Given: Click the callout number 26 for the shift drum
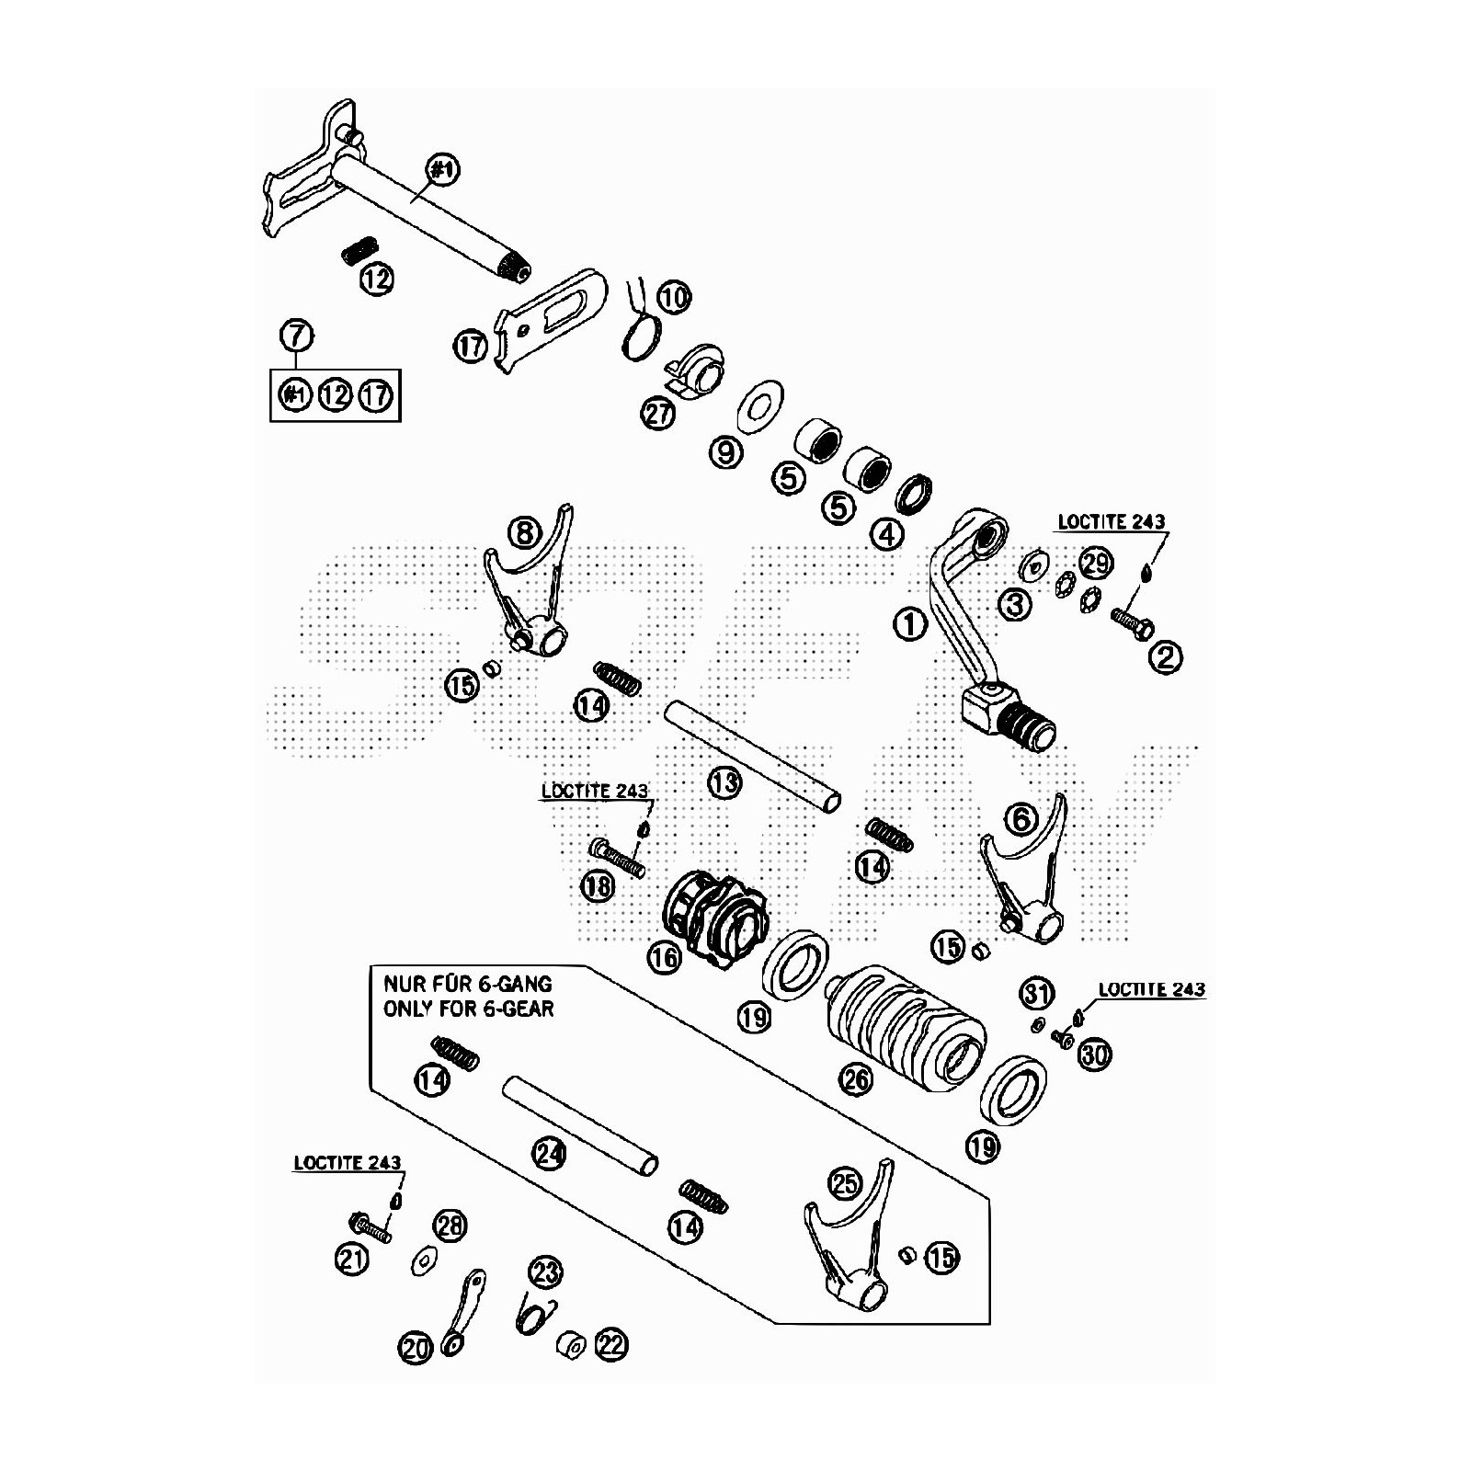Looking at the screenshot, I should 857,1078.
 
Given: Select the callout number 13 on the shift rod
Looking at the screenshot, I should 724,782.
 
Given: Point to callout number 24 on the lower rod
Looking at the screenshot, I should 549,1153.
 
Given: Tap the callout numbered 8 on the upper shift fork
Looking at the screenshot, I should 525,531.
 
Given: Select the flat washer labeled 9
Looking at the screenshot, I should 759,401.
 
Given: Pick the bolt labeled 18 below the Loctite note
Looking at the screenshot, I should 617,857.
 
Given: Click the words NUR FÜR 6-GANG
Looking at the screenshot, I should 467,984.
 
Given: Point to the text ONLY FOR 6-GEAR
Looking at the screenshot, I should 468,1009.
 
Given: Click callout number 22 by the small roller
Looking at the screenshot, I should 610,1346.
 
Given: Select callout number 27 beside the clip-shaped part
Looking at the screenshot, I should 658,414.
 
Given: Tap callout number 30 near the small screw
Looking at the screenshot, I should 1094,1055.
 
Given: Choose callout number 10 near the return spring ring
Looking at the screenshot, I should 674,297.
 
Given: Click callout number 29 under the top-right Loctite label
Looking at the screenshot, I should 1095,563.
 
